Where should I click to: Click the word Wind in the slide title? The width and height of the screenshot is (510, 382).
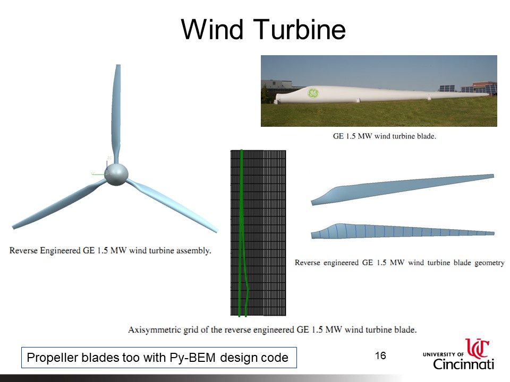point(212,29)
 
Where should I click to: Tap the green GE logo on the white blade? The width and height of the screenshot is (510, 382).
point(313,93)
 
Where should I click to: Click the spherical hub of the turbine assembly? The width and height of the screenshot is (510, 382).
point(116,174)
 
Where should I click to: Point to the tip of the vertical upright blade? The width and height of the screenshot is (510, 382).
point(118,65)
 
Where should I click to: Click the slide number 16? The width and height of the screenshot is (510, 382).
point(380,355)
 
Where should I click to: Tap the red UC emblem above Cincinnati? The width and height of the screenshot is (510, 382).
point(477,348)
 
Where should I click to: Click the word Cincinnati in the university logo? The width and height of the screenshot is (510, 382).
point(463,364)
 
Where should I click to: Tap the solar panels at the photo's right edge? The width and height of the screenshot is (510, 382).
point(447,88)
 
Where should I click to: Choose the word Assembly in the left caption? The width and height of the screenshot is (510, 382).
point(191,251)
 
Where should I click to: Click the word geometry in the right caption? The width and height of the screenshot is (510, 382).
point(489,263)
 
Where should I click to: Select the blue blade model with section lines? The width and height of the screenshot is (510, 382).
point(402,231)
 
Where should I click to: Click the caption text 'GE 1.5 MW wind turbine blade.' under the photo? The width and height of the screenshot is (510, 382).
point(385,136)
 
